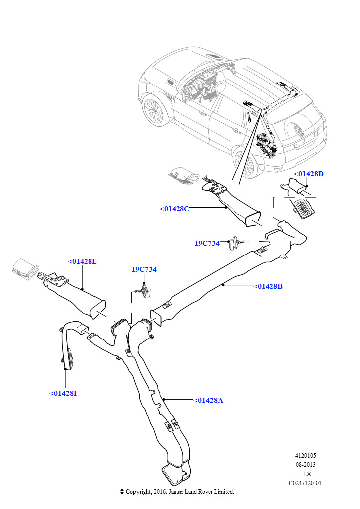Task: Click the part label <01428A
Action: [208, 400]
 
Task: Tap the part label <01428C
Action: [174, 209]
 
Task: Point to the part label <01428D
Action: [308, 174]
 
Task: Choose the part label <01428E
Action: [82, 261]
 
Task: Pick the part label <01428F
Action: [64, 393]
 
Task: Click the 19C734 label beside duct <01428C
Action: [207, 243]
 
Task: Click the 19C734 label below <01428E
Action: [144, 269]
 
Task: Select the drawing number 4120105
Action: [306, 456]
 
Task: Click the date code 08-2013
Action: [306, 465]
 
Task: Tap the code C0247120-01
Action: [306, 483]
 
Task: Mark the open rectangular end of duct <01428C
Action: [252, 219]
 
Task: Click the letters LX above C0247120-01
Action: [307, 474]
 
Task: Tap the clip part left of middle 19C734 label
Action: [233, 243]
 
